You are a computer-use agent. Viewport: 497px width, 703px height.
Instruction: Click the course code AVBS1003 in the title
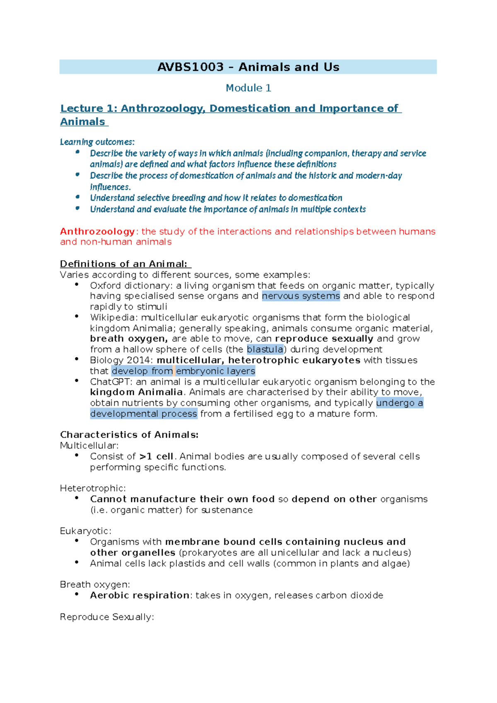(190, 67)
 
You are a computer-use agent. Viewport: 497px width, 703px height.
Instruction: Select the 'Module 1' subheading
(248, 88)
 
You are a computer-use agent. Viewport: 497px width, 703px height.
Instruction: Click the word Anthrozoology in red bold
(97, 231)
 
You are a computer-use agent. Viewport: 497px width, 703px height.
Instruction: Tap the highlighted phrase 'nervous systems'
(301, 296)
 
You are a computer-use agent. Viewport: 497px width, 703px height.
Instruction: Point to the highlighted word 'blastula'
(265, 349)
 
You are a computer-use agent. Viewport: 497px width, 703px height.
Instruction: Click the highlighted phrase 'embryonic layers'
(215, 371)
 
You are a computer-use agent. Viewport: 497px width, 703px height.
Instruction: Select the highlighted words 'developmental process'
(143, 414)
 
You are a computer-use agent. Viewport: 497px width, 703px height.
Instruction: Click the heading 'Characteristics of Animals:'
(129, 435)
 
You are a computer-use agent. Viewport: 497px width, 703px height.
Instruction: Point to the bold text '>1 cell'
(157, 456)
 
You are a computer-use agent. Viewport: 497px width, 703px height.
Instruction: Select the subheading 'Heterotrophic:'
(93, 488)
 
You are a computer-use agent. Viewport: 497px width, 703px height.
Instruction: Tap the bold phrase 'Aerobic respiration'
(140, 595)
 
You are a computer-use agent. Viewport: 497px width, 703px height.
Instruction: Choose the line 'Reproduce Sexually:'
(107, 617)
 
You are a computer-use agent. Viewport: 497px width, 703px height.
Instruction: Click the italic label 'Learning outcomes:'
(97, 142)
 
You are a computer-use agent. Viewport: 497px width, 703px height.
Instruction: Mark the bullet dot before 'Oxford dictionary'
(77, 284)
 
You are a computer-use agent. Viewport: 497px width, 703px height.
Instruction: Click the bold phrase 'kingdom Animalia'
(136, 392)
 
